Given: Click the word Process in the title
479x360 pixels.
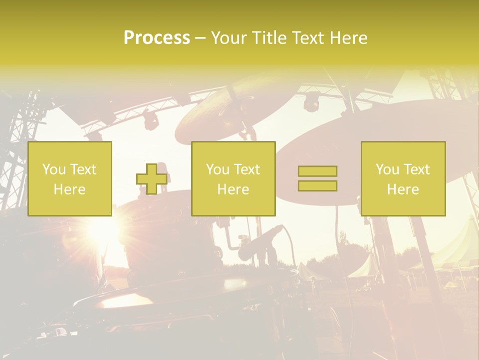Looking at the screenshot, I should (x=157, y=38).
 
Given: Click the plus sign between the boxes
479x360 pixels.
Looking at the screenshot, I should (x=152, y=179).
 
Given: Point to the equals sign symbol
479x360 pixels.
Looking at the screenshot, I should (x=317, y=178).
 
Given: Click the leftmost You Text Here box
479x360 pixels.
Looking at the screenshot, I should (x=70, y=178).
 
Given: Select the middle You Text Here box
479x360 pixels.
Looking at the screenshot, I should (x=233, y=178).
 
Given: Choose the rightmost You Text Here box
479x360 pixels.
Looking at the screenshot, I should (x=403, y=178).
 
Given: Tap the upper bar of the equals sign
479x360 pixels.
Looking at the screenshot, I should (x=317, y=171).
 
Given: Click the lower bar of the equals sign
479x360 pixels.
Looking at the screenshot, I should (x=317, y=185).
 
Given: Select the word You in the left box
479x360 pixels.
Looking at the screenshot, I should (x=53, y=169).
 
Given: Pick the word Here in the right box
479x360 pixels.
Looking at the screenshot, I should (x=403, y=189).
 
